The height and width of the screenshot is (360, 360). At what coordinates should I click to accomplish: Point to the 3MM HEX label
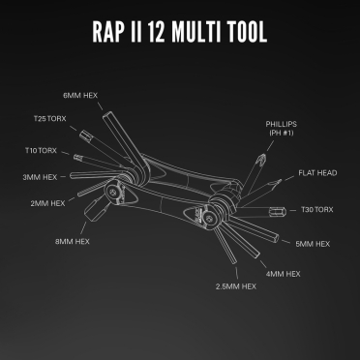pyautogui.click(x=41, y=178)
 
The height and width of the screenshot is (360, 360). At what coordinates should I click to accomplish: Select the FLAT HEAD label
pyautogui.click(x=315, y=173)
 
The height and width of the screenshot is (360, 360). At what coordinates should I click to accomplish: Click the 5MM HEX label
pyautogui.click(x=313, y=245)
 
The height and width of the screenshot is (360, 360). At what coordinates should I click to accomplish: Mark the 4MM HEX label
pyautogui.click(x=281, y=274)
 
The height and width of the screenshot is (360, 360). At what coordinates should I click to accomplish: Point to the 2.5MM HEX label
pyautogui.click(x=235, y=287)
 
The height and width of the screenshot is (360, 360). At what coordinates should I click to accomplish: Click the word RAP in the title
pyautogui.click(x=113, y=31)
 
